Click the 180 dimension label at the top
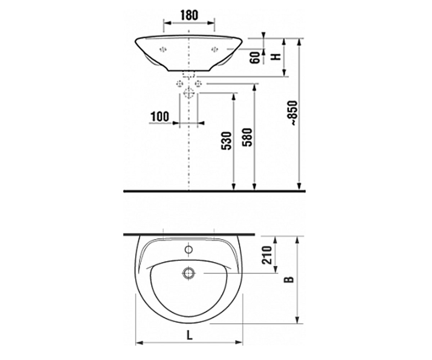(189, 15)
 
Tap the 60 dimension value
(255, 58)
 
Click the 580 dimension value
(247, 138)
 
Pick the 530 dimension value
(226, 141)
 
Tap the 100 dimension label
(160, 117)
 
